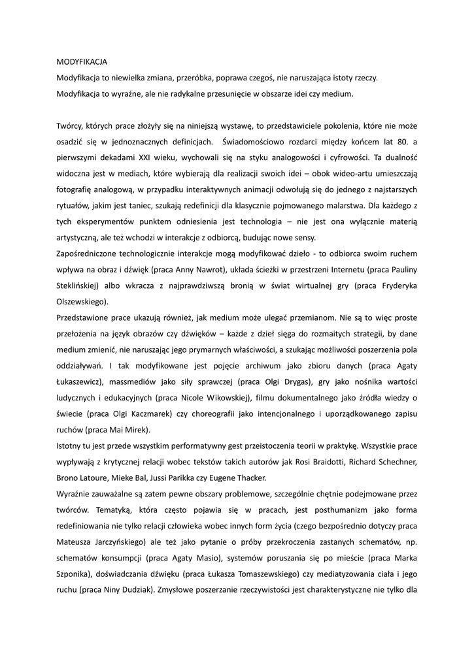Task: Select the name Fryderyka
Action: coord(393,286)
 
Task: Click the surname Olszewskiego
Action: coord(82,303)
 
